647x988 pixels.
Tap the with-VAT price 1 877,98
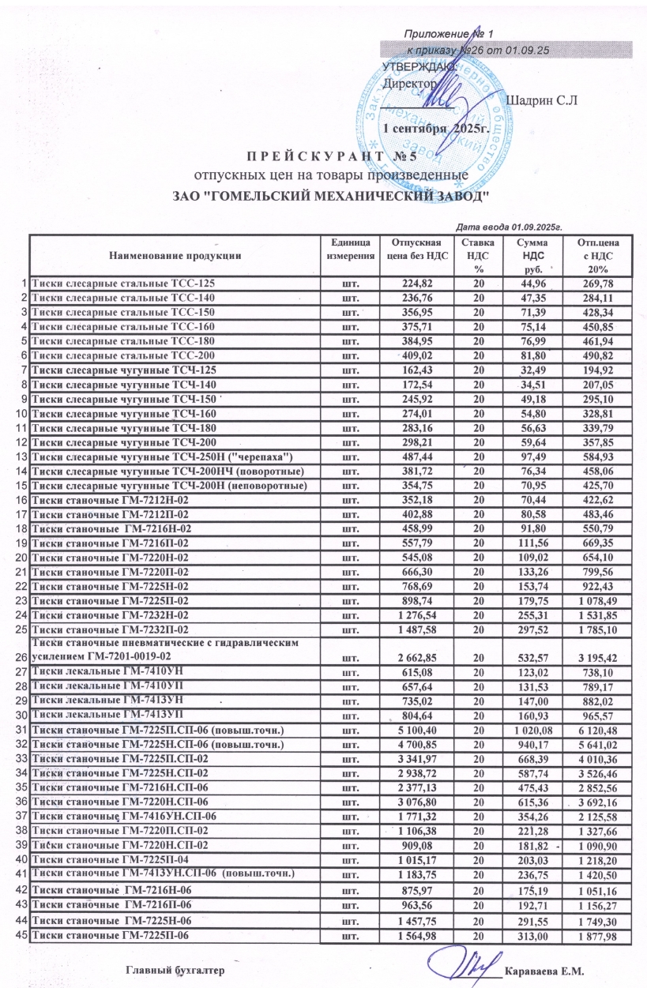pyautogui.click(x=603, y=937)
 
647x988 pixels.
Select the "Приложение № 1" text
pyautogui.click(x=449, y=34)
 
